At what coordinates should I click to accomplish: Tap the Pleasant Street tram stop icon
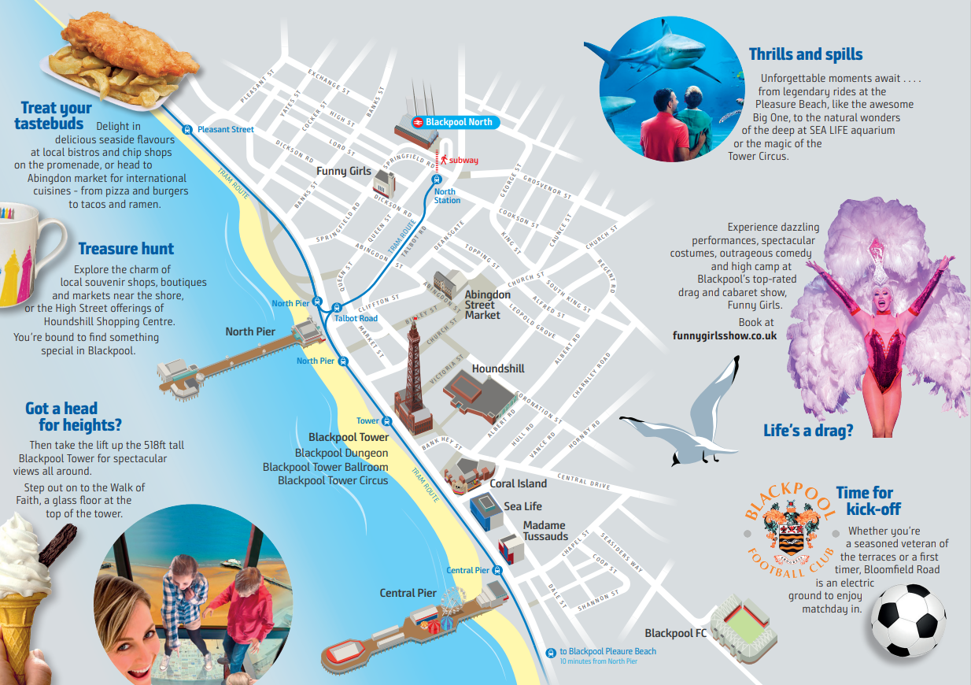coord(187,129)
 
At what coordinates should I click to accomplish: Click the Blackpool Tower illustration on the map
coord(412,378)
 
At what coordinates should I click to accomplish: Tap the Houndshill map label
coord(498,368)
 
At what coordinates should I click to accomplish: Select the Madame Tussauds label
coord(545,531)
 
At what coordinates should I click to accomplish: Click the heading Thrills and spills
coord(806,54)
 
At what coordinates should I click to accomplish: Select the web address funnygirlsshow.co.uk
coord(725,335)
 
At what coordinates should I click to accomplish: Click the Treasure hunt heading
coord(126,249)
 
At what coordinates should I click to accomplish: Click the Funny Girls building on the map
coord(384,185)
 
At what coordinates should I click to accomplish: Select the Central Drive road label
coord(583,481)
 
